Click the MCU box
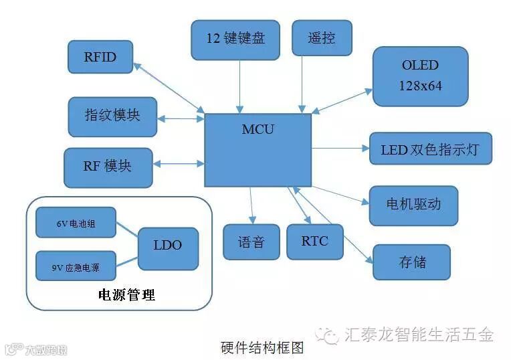(x=258, y=149)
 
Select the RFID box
(x=100, y=57)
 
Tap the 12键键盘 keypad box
(x=235, y=38)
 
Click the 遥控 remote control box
(x=322, y=37)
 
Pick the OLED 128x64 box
(x=420, y=76)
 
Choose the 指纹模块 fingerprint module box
(x=112, y=116)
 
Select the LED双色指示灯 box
(x=430, y=149)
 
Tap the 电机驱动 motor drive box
(x=413, y=205)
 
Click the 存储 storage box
(x=411, y=262)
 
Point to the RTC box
(x=314, y=241)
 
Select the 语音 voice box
(x=251, y=242)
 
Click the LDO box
(x=167, y=246)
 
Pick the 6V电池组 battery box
(x=76, y=223)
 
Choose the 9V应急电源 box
(x=76, y=266)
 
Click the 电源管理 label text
(x=126, y=294)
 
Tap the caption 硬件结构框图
(x=262, y=348)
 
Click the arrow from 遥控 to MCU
(x=302, y=84)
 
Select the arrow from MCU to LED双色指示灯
(x=340, y=148)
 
